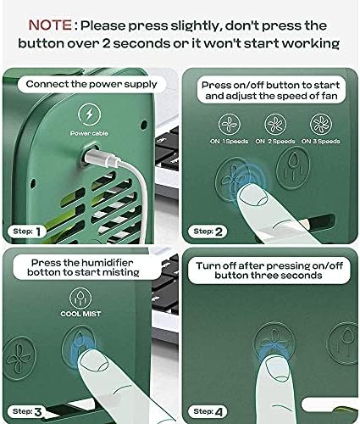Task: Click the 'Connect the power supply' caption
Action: pyautogui.click(x=91, y=84)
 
